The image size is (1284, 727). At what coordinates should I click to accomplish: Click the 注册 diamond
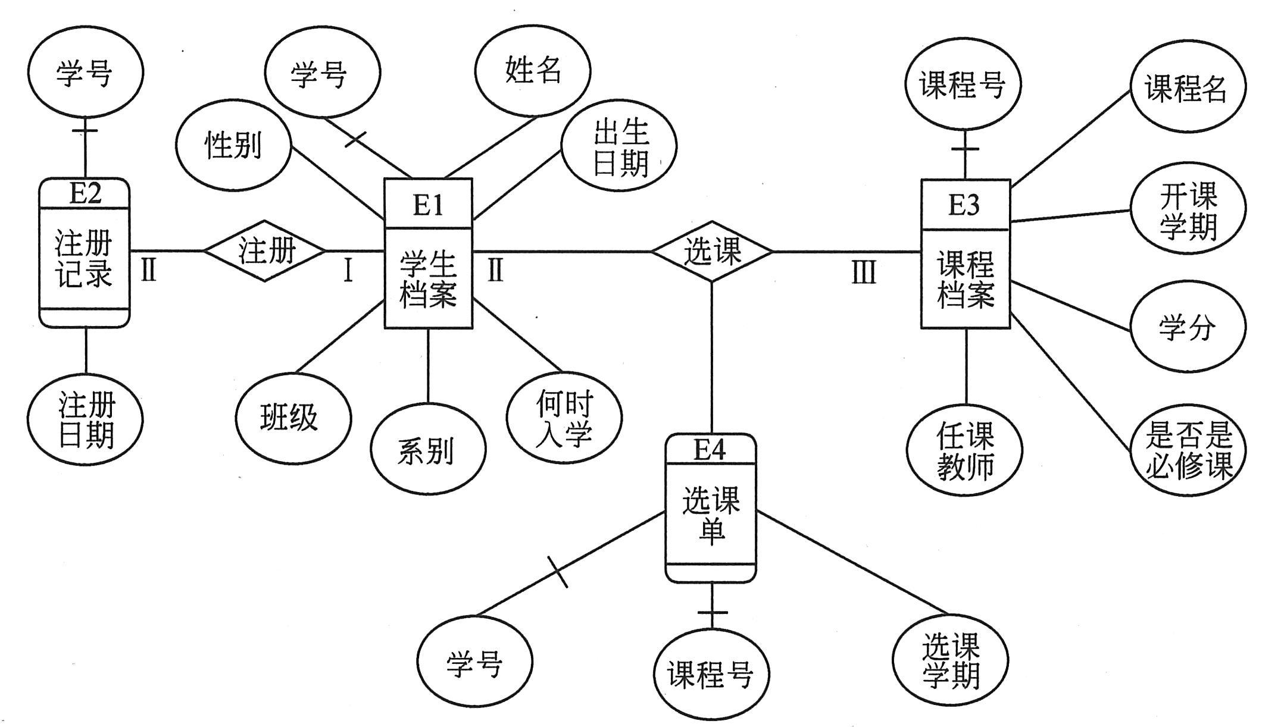pos(265,250)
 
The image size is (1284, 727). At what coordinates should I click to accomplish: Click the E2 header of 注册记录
pos(85,193)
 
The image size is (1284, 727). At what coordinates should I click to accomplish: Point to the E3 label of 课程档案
pos(964,204)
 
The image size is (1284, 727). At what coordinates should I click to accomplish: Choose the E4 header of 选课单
pos(710,450)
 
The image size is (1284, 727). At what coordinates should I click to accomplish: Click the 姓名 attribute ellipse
pos(532,70)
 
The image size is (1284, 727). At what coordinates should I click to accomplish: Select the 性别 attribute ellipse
pos(233,146)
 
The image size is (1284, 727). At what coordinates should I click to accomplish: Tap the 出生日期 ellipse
pos(619,146)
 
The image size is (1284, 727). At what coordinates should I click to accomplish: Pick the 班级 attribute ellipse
pos(293,418)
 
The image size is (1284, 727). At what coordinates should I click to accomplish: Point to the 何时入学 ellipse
pos(564,418)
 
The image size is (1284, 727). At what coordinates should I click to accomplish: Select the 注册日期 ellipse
pos(85,419)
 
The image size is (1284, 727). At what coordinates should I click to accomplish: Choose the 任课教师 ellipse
pos(965,450)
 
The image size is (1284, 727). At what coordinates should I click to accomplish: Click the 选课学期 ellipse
pos(950,660)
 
